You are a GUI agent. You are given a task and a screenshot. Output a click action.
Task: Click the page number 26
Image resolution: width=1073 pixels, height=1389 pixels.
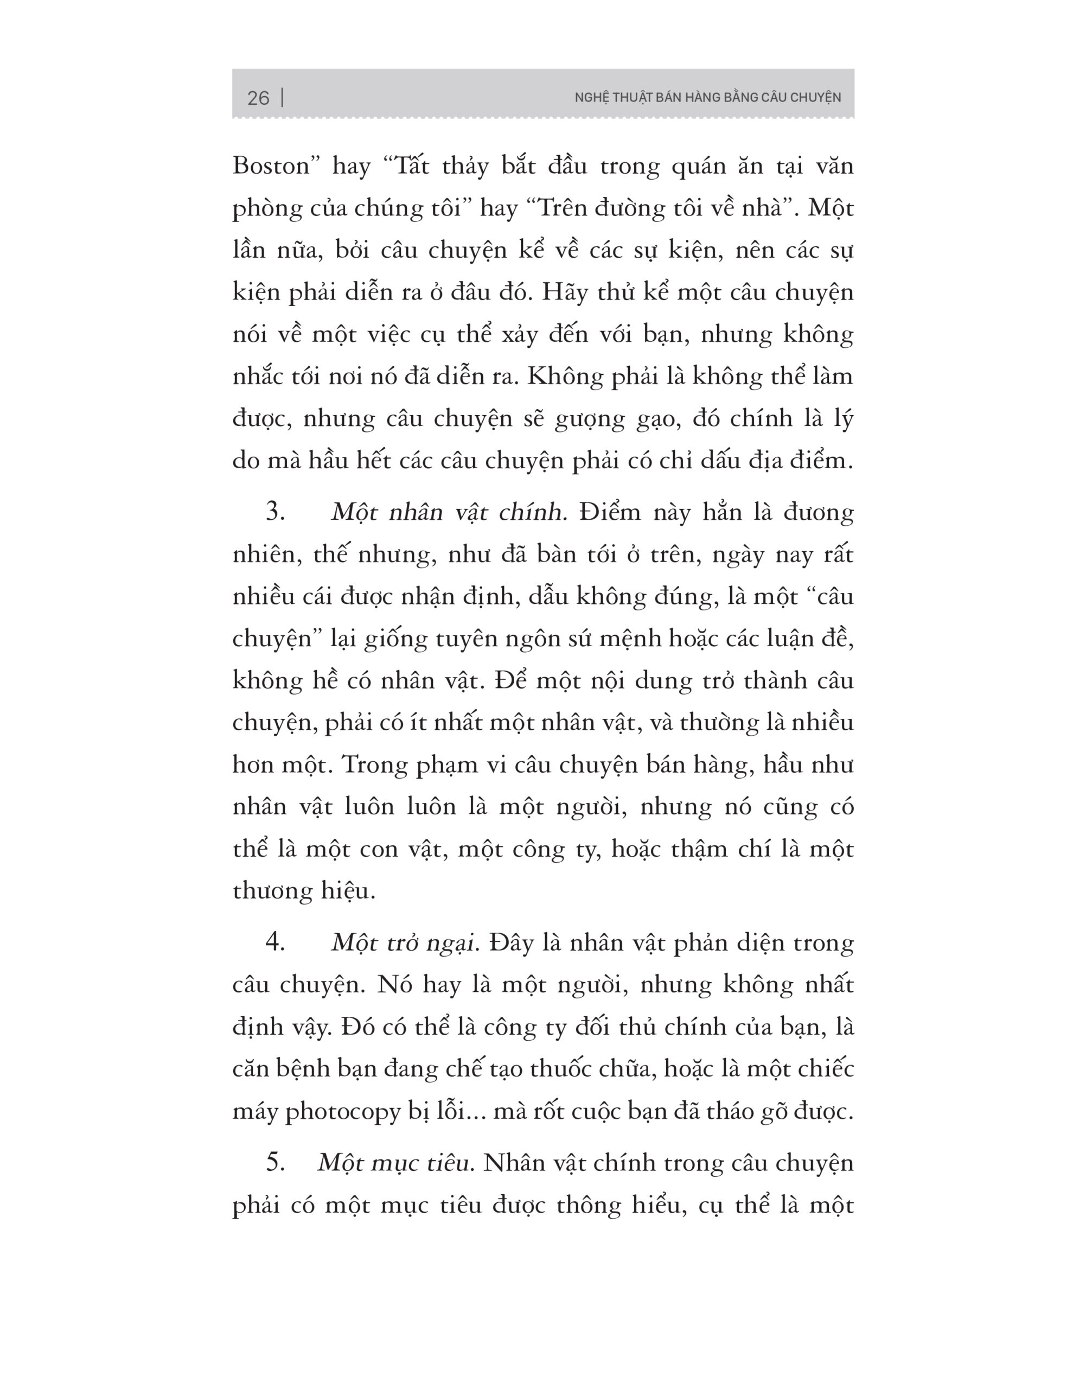tap(258, 98)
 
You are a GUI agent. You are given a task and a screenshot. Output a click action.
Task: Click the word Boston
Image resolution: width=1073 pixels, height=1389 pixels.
tap(271, 166)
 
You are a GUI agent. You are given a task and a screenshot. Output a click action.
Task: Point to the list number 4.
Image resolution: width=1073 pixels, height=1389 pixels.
tap(275, 942)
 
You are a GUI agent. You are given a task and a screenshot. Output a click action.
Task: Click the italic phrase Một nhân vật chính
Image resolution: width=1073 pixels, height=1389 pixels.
tap(449, 512)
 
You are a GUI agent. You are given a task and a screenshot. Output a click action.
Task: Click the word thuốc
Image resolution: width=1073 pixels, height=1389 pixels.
tap(554, 1068)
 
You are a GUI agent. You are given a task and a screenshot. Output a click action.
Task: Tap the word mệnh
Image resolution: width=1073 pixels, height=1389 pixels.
tap(623, 639)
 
